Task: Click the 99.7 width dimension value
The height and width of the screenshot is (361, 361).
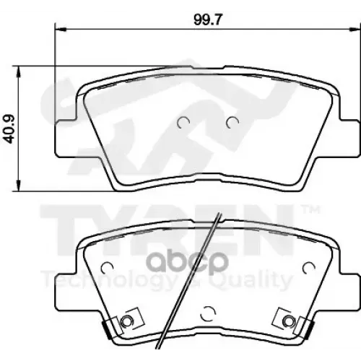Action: pos(207,19)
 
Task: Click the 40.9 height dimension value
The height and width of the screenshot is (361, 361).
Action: pos(10,129)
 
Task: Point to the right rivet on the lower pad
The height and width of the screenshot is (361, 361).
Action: pos(288,321)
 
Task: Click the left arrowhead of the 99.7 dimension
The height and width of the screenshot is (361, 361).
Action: pos(60,29)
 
